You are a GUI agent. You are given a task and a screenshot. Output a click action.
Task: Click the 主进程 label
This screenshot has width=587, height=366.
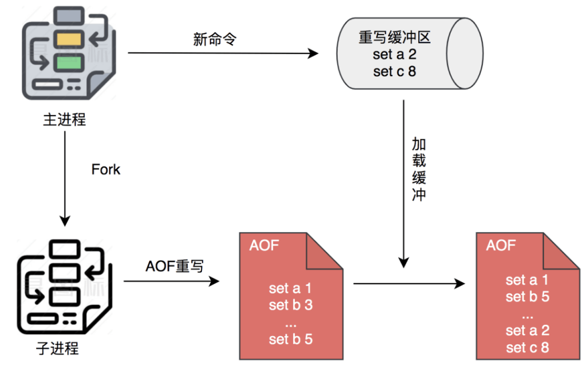(65, 119)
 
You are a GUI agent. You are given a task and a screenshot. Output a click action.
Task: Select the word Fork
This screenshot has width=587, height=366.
(106, 169)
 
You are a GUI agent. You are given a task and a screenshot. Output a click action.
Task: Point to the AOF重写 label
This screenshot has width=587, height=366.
(175, 267)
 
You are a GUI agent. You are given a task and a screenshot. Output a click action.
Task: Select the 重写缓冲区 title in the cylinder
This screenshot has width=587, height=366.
(394, 38)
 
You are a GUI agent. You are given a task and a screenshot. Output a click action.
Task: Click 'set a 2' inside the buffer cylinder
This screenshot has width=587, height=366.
(394, 55)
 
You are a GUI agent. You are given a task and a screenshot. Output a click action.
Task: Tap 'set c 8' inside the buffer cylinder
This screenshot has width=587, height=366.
(394, 72)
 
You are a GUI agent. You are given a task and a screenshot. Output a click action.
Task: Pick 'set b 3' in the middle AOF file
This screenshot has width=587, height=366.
(290, 305)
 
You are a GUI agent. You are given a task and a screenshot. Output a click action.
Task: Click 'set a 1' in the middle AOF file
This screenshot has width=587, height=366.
(290, 288)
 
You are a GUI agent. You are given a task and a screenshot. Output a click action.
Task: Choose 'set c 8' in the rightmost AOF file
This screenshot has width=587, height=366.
(527, 348)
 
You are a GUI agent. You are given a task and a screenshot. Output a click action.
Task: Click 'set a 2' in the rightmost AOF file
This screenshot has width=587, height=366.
(527, 331)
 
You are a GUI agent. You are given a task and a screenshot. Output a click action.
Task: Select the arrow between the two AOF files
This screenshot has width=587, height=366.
(409, 284)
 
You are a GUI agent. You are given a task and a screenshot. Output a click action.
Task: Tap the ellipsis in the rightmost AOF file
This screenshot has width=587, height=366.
(527, 314)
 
